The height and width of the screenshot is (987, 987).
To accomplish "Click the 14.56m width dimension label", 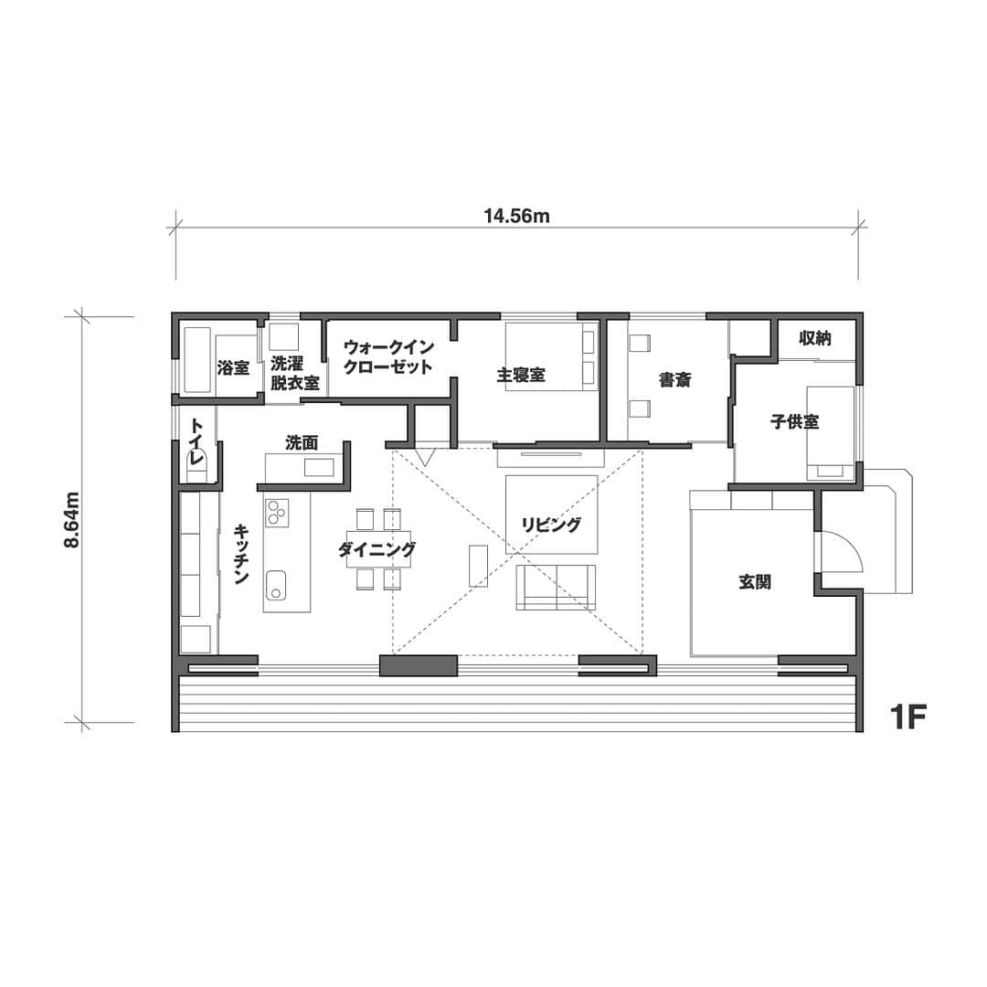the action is [x=516, y=217].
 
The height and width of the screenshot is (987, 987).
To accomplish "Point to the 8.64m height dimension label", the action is [x=72, y=520].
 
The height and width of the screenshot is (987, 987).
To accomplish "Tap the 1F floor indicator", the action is [x=907, y=716].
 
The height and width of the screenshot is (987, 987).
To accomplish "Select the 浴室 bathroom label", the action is [x=233, y=367].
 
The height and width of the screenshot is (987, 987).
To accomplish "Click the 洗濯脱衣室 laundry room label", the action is [x=294, y=373].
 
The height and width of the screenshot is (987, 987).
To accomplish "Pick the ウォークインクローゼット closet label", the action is [x=387, y=357].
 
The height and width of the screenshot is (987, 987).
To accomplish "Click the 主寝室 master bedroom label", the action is [x=521, y=376].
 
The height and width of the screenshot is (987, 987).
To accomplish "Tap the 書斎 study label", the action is [x=674, y=380].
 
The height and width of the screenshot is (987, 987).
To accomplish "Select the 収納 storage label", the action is [x=815, y=339].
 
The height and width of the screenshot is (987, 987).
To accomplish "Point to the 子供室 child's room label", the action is [x=794, y=421].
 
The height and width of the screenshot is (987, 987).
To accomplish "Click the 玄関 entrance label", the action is [x=755, y=582].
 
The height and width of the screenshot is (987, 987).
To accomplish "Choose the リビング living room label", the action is [x=551, y=525].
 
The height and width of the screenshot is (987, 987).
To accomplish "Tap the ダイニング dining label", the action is [x=377, y=550].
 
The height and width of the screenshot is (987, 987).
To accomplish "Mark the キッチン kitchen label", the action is [x=241, y=554].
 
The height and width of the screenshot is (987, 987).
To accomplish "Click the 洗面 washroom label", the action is [x=302, y=443].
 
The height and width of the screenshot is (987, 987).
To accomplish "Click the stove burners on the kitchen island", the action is [x=276, y=512].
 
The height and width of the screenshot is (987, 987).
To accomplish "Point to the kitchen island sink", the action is [x=276, y=586].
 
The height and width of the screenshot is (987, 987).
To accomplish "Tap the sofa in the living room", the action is [x=556, y=588].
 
